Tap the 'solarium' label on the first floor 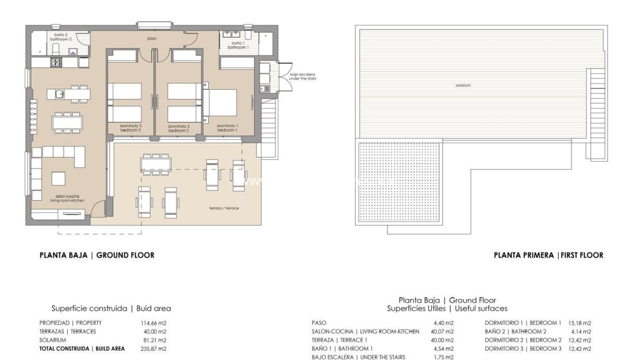462,85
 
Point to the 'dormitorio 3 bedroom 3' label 131,128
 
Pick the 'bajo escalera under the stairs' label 303,76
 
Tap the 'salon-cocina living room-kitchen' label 57,198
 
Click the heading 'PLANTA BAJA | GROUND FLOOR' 97,255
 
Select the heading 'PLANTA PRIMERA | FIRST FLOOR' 548,255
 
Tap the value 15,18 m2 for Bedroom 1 579,323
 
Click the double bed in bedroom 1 222,103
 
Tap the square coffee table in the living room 58,178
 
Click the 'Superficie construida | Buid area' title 111,309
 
